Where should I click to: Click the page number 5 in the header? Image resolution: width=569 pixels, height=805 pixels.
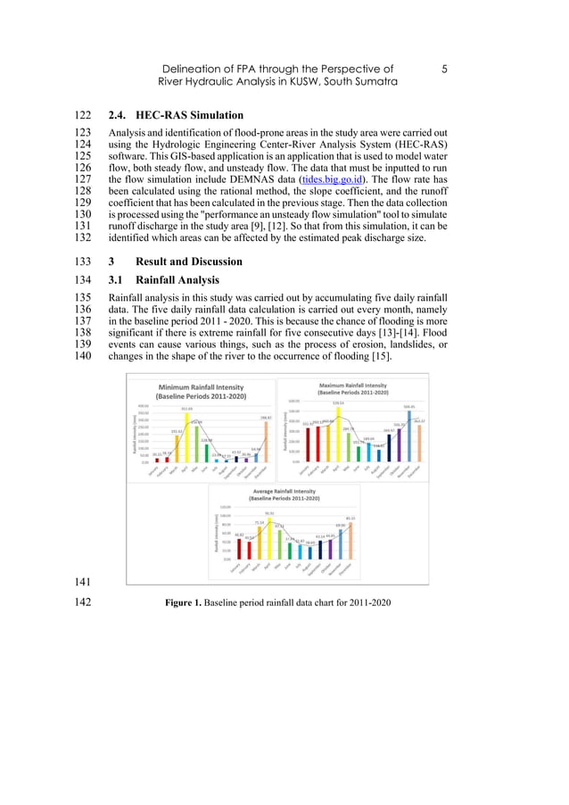444,69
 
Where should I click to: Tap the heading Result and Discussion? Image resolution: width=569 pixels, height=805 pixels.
188,261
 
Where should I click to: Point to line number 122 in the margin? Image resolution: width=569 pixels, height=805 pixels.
81,116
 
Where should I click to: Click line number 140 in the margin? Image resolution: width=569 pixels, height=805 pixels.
81,357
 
